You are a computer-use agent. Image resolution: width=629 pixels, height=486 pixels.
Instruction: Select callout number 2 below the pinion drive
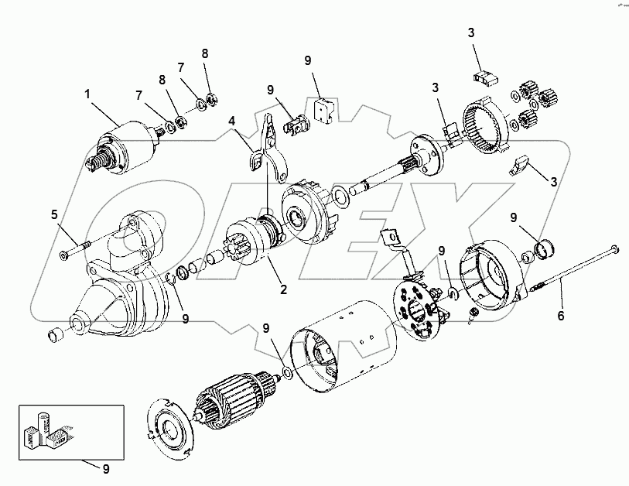[x=284, y=290]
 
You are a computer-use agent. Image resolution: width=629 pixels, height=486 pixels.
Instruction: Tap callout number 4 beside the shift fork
[x=231, y=121]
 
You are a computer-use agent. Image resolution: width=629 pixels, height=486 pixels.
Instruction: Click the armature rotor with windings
[x=236, y=395]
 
